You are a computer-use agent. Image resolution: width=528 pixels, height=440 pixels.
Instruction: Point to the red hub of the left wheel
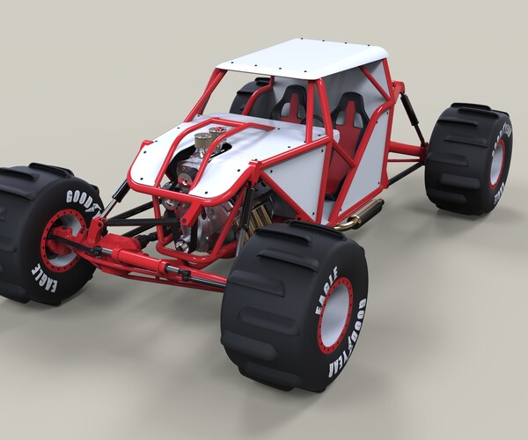coord(64,238)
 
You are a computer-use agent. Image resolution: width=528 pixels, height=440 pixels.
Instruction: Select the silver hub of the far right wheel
coord(497,162)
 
